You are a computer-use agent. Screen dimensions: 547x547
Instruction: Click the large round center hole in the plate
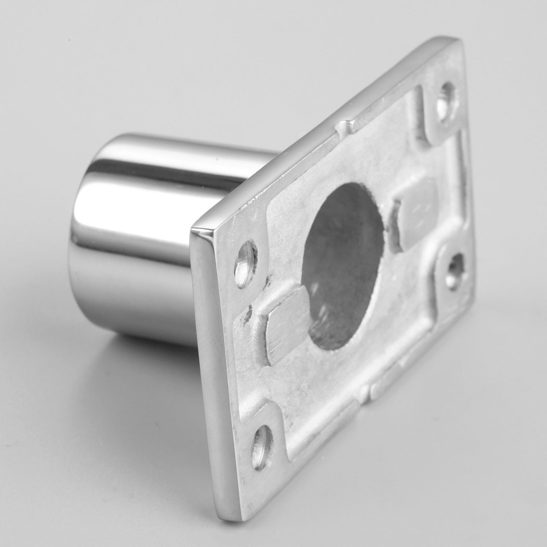tap(342, 266)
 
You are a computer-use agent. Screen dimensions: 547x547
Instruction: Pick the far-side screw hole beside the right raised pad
tap(455, 271)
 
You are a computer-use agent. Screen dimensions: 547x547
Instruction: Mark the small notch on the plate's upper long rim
tap(344, 129)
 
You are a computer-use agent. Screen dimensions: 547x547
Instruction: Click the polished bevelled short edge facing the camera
tap(211, 372)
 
